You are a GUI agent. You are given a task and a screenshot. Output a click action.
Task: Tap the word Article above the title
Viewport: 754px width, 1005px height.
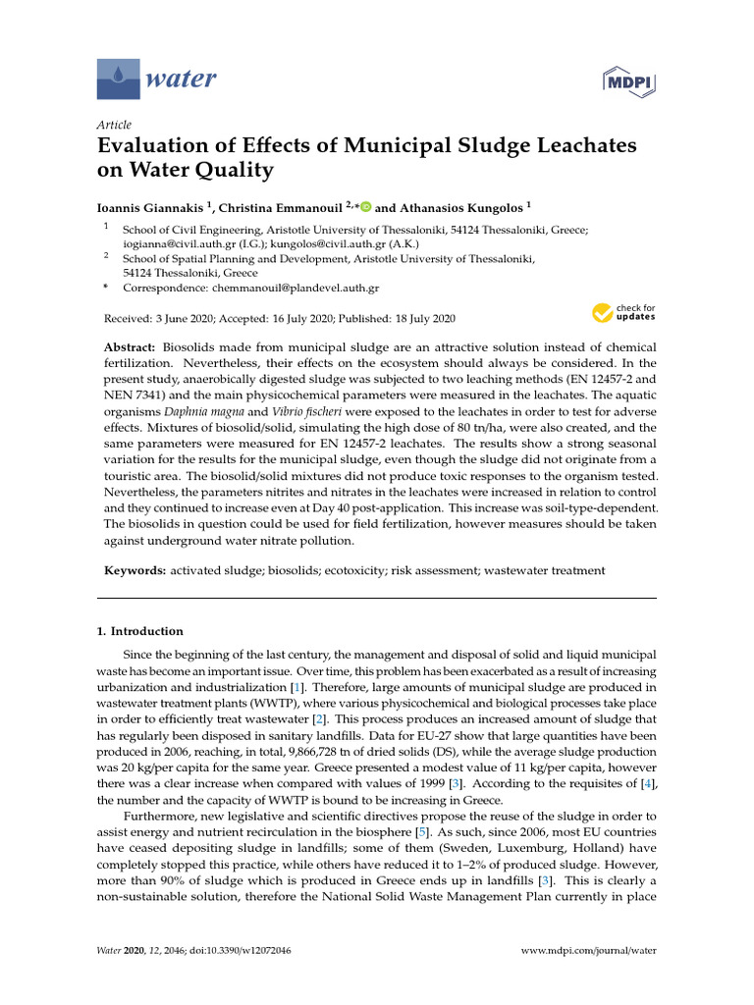coord(114,125)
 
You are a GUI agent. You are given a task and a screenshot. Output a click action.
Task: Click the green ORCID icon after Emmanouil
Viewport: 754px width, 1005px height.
coord(366,207)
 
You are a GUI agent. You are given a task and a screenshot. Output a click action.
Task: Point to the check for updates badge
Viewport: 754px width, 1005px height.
coord(623,313)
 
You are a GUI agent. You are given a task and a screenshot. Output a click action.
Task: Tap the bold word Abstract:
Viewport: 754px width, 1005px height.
coord(130,349)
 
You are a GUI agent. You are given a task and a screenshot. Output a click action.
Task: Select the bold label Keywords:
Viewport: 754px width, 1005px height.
coord(135,570)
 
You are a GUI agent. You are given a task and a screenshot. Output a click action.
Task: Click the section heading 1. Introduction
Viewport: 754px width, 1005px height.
coord(146,631)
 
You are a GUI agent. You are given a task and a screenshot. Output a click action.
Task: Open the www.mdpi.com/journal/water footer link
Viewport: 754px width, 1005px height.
coord(587,950)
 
